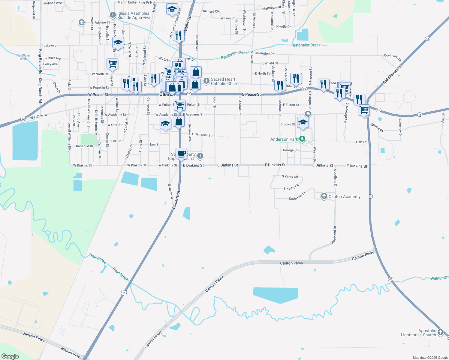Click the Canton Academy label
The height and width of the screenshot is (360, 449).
click(x=344, y=196)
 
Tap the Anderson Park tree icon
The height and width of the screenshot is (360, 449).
click(x=303, y=139)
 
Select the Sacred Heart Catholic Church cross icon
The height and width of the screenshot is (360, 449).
click(x=206, y=81)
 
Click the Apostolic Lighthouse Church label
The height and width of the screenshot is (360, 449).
click(x=418, y=333)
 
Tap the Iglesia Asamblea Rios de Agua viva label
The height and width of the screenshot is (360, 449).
click(x=134, y=15)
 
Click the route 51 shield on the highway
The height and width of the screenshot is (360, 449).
click(x=124, y=292)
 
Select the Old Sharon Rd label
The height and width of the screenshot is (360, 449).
click(x=392, y=75)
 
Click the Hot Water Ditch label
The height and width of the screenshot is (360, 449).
click(x=23, y=57)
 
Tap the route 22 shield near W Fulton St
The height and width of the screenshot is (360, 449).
click(x=23, y=119)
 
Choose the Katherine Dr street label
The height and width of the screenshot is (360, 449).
click(x=297, y=196)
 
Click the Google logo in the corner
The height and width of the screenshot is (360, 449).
click(x=10, y=356)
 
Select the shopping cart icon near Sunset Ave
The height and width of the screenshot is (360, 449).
click(x=112, y=64)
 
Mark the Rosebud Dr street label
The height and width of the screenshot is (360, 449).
click(x=85, y=146)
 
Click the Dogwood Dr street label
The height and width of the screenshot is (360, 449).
click(x=34, y=10)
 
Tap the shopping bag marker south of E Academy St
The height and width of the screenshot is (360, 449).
click(x=179, y=121)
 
